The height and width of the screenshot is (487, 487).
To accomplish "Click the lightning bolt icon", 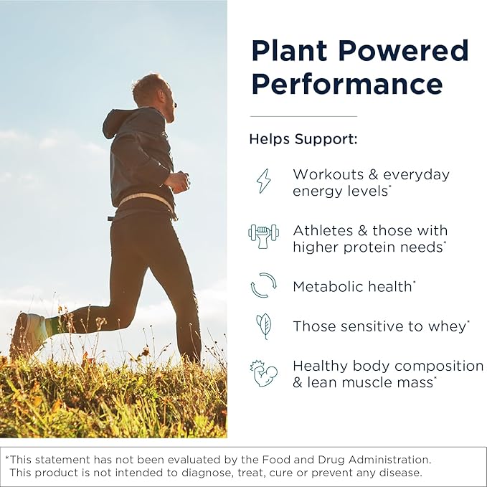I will pyautogui.click(x=264, y=181).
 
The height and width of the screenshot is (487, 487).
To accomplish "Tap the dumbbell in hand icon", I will pyautogui.click(x=263, y=236).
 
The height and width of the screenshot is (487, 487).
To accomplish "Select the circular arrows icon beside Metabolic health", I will pyautogui.click(x=263, y=285).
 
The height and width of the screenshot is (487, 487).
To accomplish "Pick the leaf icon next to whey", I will pyautogui.click(x=264, y=326).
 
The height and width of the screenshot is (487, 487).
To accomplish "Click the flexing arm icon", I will pyautogui.click(x=263, y=373).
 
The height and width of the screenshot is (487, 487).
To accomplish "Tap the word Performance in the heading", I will pyautogui.click(x=346, y=85).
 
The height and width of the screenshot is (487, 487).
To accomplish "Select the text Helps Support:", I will pyautogui.click(x=303, y=138).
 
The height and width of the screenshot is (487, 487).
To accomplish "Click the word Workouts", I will pyautogui.click(x=326, y=174).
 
